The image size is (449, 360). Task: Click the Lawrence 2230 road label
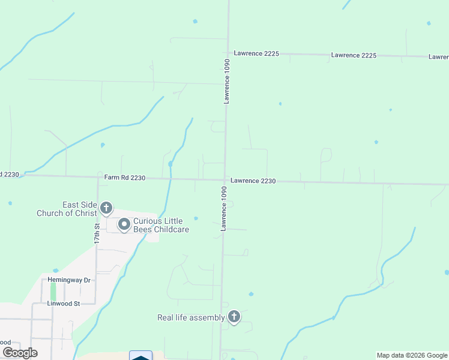tap(253, 181)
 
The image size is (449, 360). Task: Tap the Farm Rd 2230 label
tap(125, 177)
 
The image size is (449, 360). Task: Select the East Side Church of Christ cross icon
tap(106, 209)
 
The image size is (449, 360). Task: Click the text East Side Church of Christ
tap(67, 209)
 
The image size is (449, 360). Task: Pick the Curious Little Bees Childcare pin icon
tap(124, 225)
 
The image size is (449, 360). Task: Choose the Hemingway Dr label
tap(70, 280)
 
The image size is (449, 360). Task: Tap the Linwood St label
tap(64, 304)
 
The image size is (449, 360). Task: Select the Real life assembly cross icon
tap(234, 317)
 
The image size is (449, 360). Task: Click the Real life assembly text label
tap(191, 317)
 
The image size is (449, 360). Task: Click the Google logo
tap(20, 353)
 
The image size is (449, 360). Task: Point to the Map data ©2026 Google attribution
tap(412, 355)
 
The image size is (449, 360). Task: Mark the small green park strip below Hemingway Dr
tap(53, 292)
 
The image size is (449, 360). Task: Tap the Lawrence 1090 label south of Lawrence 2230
tap(223, 209)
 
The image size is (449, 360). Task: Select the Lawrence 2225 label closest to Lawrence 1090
tap(256, 53)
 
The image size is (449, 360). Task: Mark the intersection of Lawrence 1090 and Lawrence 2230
tap(225, 179)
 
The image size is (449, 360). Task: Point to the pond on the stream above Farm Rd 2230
tap(171, 163)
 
